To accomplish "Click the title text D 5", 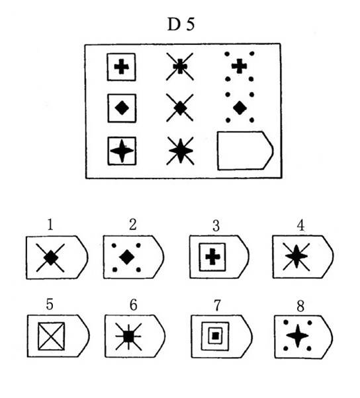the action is [x=181, y=24].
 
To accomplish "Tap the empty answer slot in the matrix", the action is [x=245, y=151].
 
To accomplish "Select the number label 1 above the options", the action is [x=50, y=225].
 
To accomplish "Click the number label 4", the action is [x=300, y=225].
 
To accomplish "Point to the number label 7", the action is [x=217, y=305].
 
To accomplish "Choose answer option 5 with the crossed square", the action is [x=58, y=336].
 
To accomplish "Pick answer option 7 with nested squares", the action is [x=222, y=337].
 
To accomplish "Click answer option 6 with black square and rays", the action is [x=135, y=336].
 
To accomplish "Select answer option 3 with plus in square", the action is [x=219, y=257].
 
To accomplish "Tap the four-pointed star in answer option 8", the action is [x=298, y=336].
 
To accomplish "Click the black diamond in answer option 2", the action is [x=127, y=257].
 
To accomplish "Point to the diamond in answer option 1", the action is [x=51, y=258].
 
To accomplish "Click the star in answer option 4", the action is [x=296, y=257].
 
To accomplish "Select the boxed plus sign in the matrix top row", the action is [x=122, y=67].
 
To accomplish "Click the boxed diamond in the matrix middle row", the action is [x=122, y=108].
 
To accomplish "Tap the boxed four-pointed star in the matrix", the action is [x=122, y=151].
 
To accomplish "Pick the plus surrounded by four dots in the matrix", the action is [x=239, y=66].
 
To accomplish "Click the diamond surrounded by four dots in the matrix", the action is [x=240, y=108].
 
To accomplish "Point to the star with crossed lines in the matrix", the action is [x=181, y=151].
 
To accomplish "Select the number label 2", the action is [x=132, y=225].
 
